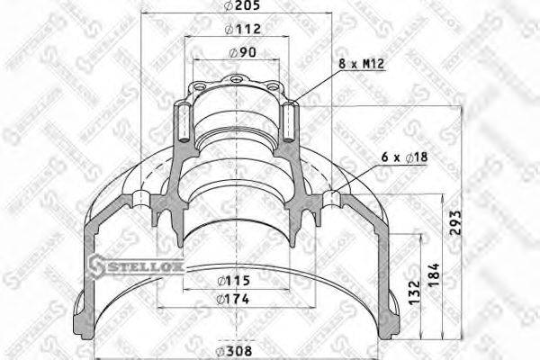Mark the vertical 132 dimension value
[x=414, y=290]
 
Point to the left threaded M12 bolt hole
[x=183, y=122]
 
